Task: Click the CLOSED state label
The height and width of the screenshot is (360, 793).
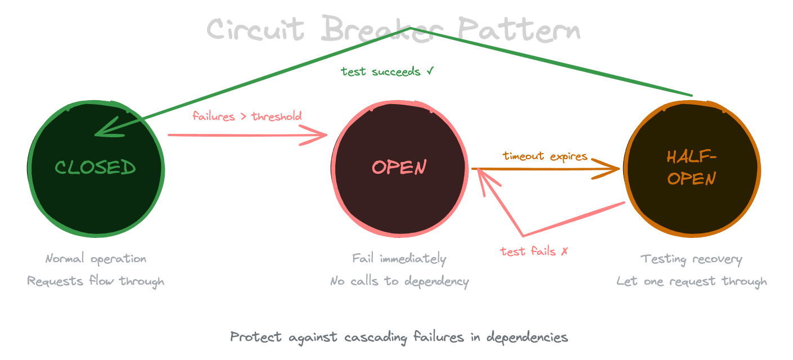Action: [x=96, y=168]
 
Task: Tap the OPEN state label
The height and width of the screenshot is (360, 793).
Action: [x=399, y=168]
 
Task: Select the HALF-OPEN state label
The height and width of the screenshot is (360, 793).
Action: [x=692, y=168]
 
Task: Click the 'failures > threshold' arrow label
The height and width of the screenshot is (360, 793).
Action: [x=247, y=116]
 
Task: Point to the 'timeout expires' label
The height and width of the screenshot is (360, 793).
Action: [x=545, y=156]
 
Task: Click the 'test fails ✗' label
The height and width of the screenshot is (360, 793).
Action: [x=534, y=251]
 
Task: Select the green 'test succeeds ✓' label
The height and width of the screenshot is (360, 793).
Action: [x=387, y=72]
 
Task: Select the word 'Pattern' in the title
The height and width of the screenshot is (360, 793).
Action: [x=517, y=29]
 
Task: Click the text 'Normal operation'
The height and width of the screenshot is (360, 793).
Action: [x=96, y=259]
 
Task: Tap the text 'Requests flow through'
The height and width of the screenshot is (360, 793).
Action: [x=96, y=281]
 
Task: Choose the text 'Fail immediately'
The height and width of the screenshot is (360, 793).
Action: [x=399, y=259]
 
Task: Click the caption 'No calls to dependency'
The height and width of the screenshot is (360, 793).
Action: [x=399, y=281]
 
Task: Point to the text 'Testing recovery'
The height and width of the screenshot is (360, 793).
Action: [x=692, y=259]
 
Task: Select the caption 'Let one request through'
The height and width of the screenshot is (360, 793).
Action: [x=692, y=281]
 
